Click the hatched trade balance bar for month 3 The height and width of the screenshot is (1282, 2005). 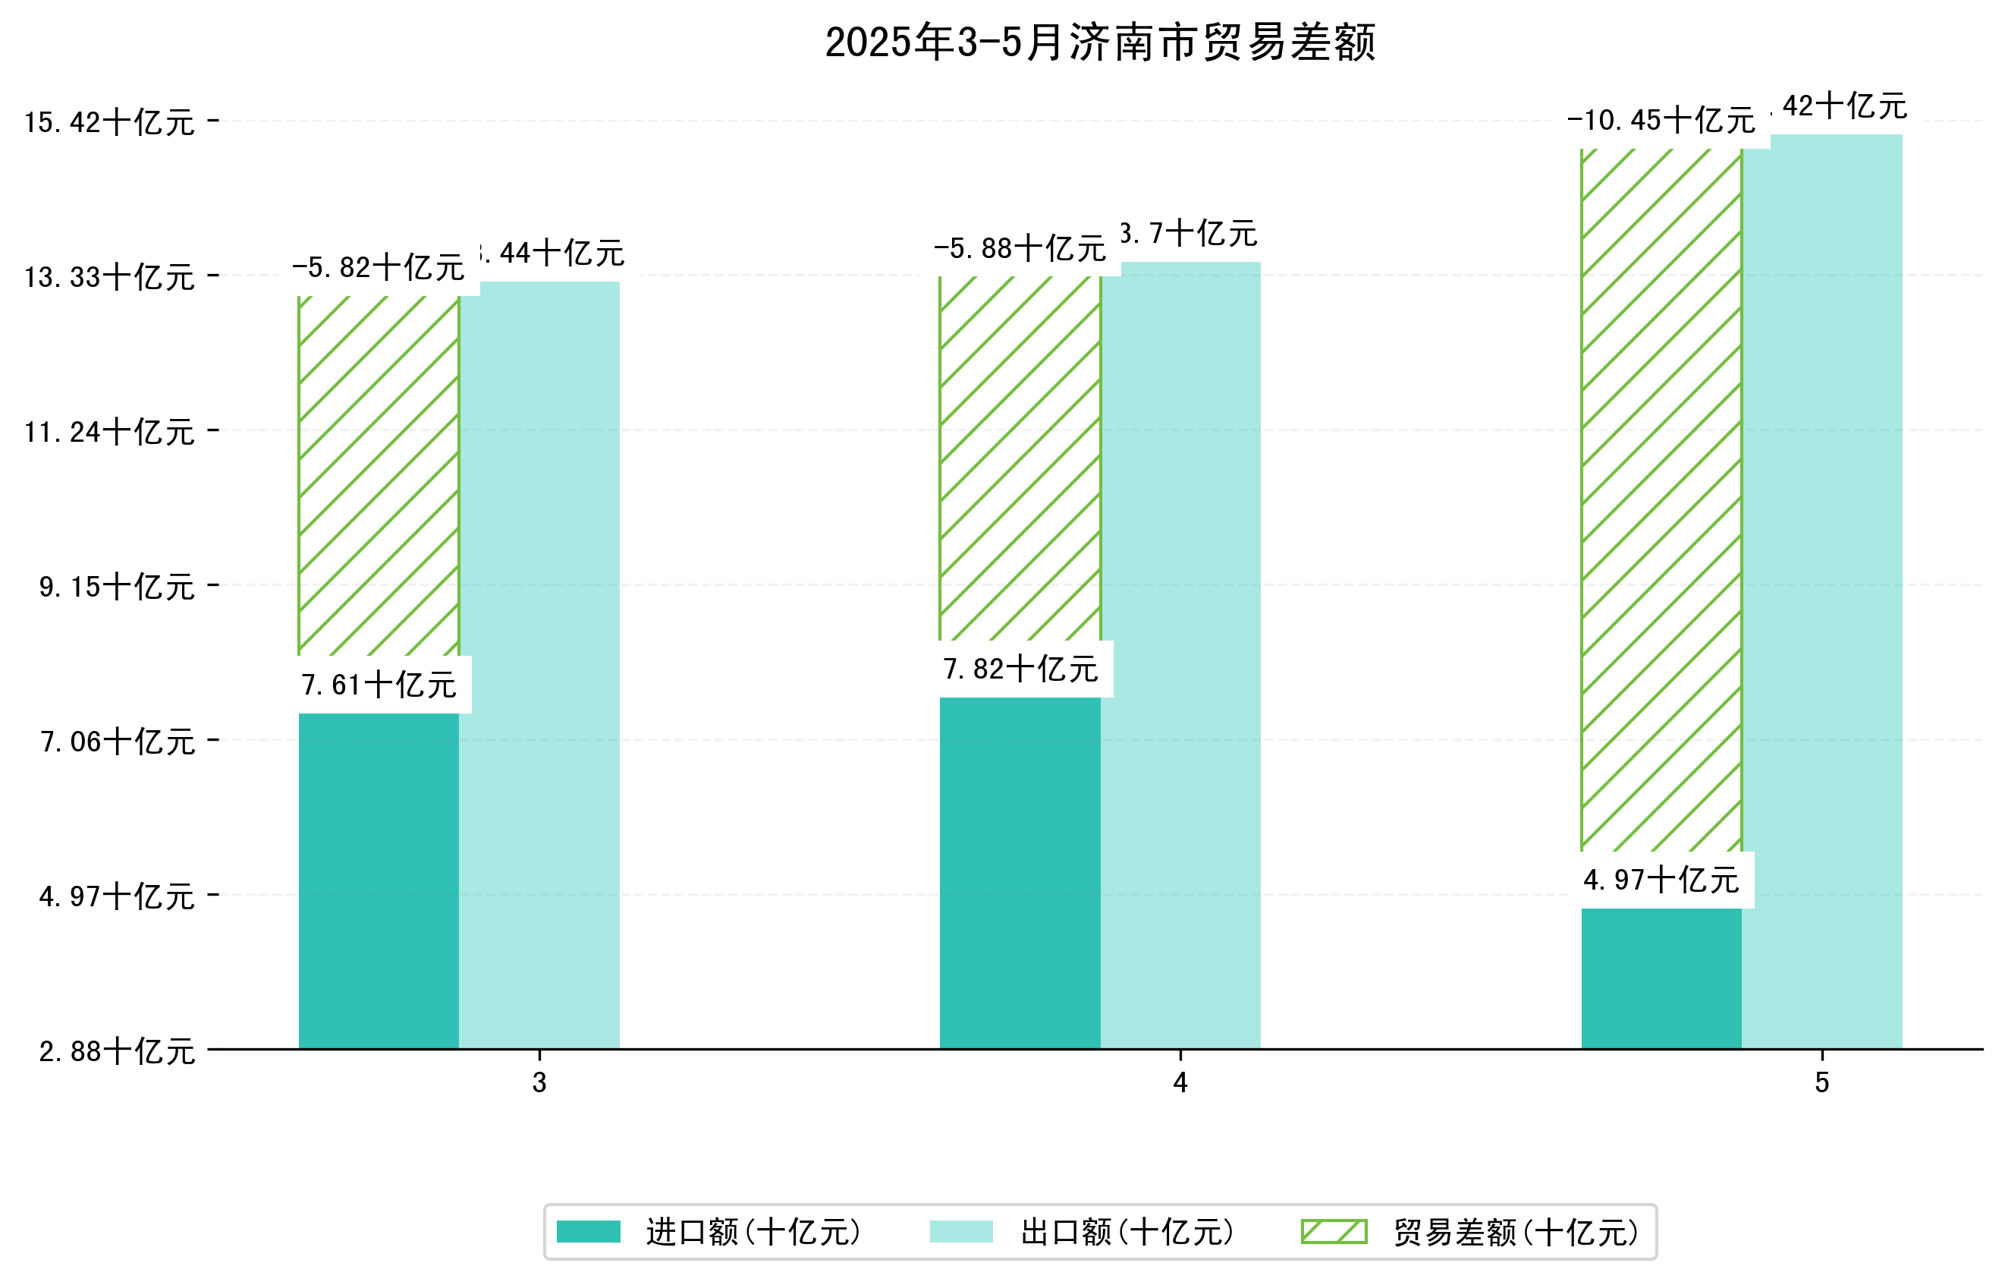(x=378, y=475)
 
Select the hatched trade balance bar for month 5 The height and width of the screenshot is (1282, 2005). (x=1661, y=499)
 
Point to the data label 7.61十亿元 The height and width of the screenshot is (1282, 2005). (x=379, y=685)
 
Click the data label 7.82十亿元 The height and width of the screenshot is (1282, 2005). (x=1021, y=669)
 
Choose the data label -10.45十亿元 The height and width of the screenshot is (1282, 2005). (x=1661, y=121)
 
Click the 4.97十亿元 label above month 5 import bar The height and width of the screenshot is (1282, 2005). (x=1661, y=880)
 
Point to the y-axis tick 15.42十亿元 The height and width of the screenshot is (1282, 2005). (x=109, y=122)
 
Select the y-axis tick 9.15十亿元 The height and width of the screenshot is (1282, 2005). (x=117, y=587)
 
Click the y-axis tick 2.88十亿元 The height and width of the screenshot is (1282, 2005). (x=117, y=1051)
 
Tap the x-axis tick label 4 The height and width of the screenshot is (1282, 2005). (x=1180, y=1082)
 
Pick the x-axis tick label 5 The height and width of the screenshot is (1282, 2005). (x=1822, y=1082)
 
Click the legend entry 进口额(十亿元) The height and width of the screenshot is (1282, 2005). (x=753, y=1232)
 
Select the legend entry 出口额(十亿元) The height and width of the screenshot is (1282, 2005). (x=1127, y=1232)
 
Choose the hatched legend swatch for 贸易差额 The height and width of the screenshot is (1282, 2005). (x=1334, y=1231)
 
